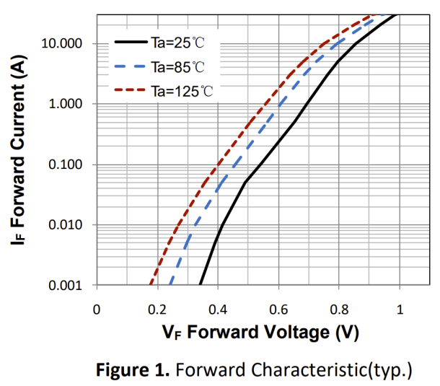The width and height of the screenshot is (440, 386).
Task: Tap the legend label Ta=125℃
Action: point(181,92)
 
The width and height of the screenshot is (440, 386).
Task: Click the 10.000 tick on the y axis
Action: point(64,43)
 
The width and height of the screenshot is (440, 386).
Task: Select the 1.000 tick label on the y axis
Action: point(67,104)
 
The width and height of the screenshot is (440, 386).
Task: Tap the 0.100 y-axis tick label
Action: point(67,165)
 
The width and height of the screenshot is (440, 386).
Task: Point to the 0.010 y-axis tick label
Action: point(67,225)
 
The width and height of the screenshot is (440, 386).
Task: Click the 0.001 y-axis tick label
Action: point(67,286)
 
